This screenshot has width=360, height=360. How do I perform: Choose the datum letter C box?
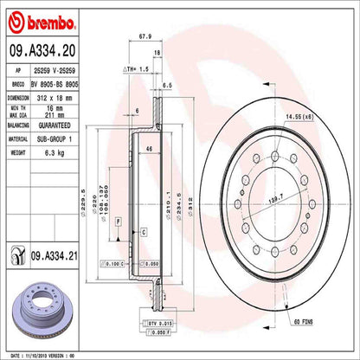142,230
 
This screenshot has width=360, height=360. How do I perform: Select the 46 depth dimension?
148,151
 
